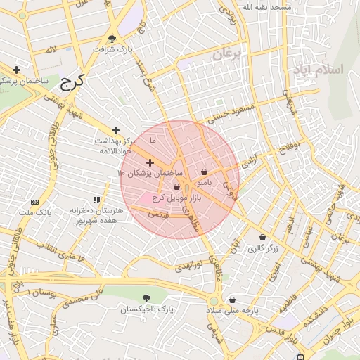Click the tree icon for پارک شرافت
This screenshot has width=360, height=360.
(x=112, y=39)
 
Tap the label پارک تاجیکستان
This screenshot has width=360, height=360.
(x=145, y=309)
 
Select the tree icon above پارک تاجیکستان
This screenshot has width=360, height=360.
(x=146, y=298)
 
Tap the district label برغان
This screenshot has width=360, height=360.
(x=227, y=53)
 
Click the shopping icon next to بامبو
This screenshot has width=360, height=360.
(x=204, y=172)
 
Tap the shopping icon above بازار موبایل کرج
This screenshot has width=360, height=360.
(x=176, y=187)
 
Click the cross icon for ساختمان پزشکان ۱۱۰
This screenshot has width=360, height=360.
(x=150, y=162)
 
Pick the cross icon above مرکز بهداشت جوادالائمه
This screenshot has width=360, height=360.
(x=116, y=130)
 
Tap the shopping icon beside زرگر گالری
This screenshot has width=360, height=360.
(x=263, y=238)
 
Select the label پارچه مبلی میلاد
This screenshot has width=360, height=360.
(x=233, y=310)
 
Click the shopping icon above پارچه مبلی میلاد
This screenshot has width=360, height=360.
(x=232, y=300)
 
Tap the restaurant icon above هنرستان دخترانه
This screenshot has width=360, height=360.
(x=96, y=200)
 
